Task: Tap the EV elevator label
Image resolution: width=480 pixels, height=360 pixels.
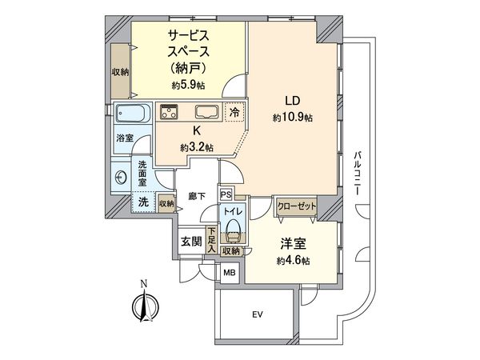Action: (x=258, y=314)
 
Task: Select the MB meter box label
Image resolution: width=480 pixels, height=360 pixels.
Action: (x=229, y=273)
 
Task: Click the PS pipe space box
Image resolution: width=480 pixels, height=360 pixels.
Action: (x=226, y=194)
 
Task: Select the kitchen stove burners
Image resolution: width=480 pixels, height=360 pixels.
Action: (x=169, y=113)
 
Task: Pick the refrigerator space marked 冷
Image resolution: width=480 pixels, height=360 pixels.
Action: (x=234, y=114)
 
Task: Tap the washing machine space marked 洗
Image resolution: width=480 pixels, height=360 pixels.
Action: (x=143, y=203)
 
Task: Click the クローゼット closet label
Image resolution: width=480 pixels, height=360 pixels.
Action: (x=297, y=206)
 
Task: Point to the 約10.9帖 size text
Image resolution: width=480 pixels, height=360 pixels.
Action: (x=294, y=118)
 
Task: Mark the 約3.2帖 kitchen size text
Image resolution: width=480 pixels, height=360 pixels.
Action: (x=196, y=147)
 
